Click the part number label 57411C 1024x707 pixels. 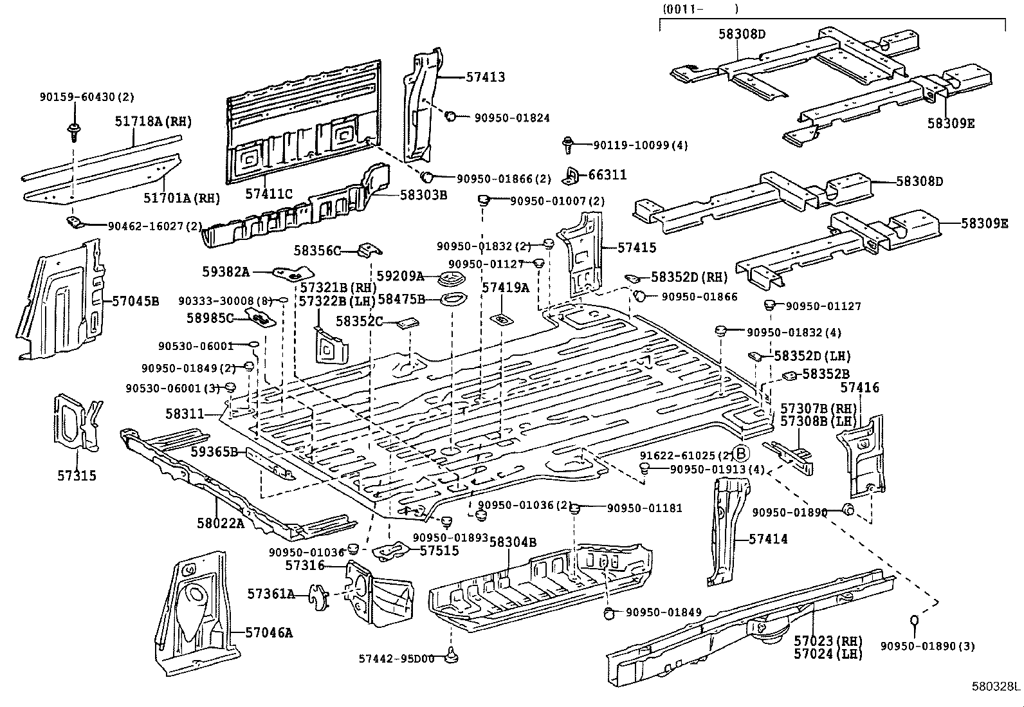tap(268, 193)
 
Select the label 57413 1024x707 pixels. tap(485, 77)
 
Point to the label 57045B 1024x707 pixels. tap(135, 300)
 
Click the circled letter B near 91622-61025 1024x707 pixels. tap(740, 455)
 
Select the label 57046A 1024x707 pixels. tap(268, 632)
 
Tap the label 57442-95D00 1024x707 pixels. tap(396, 658)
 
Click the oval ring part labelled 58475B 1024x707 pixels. tap(453, 300)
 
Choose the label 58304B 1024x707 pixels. tap(513, 542)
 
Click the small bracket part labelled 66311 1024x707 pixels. tap(572, 175)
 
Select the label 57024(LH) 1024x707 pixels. tap(828, 654)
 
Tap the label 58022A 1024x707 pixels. tap(221, 523)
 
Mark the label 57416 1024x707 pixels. tap(860, 387)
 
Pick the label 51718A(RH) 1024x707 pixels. tap(153, 121)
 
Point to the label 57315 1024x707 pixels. tap(76, 475)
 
